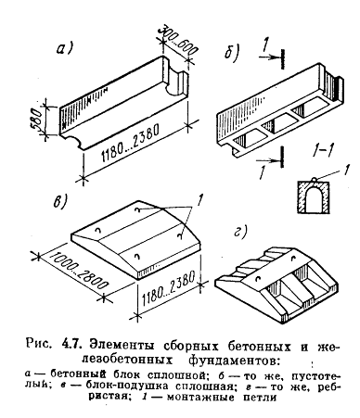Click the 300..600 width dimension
point(176,40)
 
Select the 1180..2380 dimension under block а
point(129,143)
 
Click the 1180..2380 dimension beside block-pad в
point(169,289)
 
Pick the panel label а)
point(66,48)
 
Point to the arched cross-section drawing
point(313,196)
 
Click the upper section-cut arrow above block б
point(272,57)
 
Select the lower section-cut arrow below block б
point(270,159)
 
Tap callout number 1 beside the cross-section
point(346,171)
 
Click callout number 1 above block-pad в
point(199,201)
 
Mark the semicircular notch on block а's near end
point(74,142)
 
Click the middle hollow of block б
point(276,122)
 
